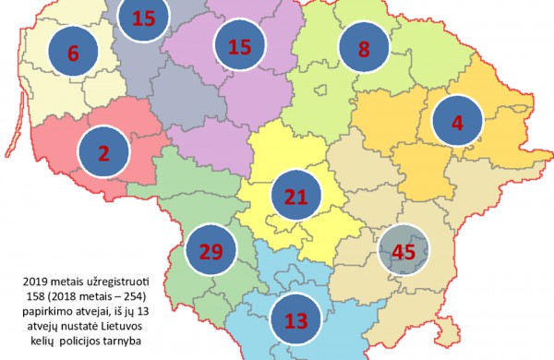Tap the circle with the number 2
click(x=103, y=156)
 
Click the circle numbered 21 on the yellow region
click(x=296, y=198)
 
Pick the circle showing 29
click(x=211, y=252)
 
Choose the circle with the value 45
click(x=403, y=250)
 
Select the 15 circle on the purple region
click(x=239, y=45)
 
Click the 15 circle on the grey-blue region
click(x=143, y=16)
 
